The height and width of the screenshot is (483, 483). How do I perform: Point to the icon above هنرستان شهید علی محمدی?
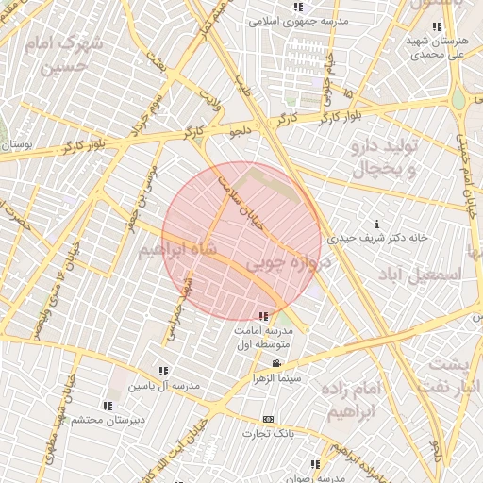[435, 26]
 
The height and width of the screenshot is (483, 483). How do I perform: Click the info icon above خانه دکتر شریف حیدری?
[377, 225]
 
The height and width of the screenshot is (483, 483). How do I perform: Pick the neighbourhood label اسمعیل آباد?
[419, 274]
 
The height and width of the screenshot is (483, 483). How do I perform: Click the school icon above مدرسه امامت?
[262, 315]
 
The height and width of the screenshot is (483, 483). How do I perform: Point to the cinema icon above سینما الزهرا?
[275, 364]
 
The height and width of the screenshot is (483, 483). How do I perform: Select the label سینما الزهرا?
[275, 377]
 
